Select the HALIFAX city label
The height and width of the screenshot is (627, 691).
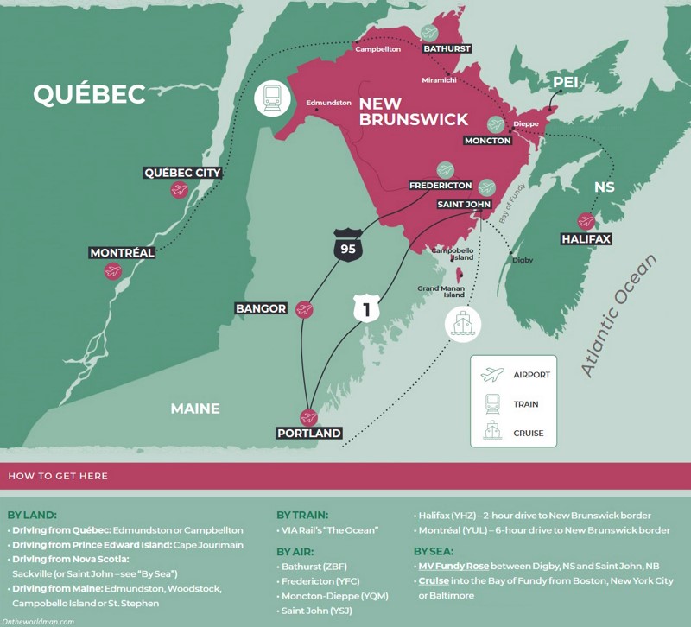586,238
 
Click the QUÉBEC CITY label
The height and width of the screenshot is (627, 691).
182,173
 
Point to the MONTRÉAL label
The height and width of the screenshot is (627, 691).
123,253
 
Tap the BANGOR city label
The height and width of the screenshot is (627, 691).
261,308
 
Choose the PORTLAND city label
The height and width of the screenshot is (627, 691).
308,433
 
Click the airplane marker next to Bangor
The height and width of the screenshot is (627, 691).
304,308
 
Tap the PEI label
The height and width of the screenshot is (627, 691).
565,82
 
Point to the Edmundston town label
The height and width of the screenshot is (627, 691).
328,103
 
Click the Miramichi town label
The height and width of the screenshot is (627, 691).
439,80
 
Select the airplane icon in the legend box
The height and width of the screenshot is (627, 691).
492,375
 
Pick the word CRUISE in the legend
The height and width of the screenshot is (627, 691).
528,433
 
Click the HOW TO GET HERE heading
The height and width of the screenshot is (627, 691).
58,476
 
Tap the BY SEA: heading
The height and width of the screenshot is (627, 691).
434,550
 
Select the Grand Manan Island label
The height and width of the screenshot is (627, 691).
441,293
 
